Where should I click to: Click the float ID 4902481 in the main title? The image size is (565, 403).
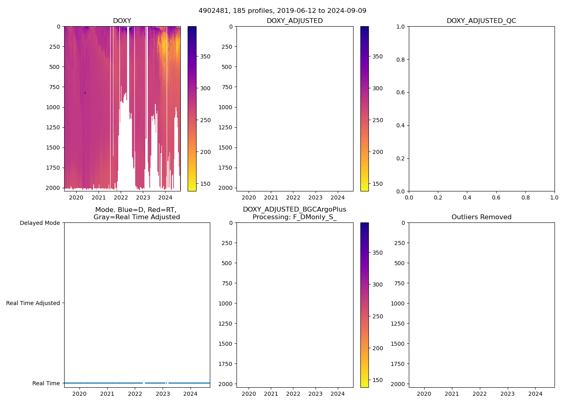(212, 11)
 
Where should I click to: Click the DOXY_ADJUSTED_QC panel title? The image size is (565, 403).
(481, 21)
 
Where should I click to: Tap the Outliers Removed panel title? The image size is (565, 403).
(481, 217)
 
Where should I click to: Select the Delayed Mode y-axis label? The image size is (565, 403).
(40, 223)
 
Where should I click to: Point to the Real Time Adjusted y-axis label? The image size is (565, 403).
(33, 303)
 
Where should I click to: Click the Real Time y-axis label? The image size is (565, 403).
(46, 383)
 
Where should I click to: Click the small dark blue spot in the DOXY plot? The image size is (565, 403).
(85, 93)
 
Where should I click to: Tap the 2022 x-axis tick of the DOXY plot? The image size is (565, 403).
(121, 197)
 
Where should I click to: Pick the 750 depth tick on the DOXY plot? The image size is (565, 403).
(54, 87)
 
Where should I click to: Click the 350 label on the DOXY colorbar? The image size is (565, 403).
(205, 56)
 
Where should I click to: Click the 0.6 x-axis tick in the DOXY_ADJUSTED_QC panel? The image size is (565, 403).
(496, 197)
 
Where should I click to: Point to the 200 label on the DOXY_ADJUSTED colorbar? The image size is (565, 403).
(378, 152)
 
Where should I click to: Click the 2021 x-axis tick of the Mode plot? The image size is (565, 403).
(107, 394)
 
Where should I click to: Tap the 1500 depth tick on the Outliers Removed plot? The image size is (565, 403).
(398, 344)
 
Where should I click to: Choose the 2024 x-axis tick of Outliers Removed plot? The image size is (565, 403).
(536, 394)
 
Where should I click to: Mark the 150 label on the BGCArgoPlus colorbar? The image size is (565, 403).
(378, 380)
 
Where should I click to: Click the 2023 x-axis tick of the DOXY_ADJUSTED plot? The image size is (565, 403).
(316, 197)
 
